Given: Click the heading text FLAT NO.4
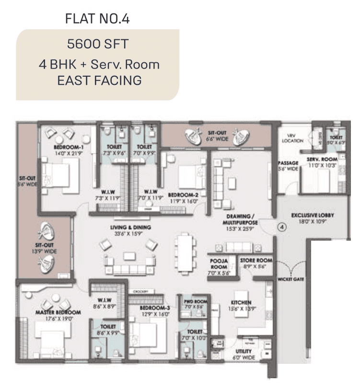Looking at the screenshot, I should (97, 19).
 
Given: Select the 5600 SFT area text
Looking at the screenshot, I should (97, 45).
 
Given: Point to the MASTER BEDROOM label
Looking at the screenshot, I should (58, 312).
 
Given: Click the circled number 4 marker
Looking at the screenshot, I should (282, 228).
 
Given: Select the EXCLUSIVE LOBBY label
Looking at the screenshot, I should (313, 215).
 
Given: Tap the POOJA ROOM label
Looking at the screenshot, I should (219, 263).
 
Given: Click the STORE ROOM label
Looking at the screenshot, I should (256, 260).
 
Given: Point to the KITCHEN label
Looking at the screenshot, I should (240, 302).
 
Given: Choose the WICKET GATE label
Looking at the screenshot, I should (290, 279).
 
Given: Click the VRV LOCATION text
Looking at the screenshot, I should (292, 138).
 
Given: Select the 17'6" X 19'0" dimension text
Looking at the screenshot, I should (58, 318).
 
